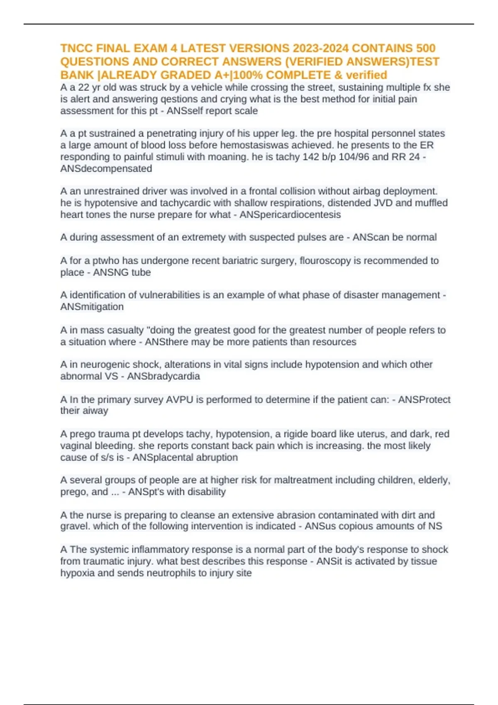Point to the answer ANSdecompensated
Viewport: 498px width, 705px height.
(106, 169)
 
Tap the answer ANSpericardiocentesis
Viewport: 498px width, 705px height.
(290, 215)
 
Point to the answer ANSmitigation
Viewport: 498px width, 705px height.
(92, 307)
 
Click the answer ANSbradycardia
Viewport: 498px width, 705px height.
(164, 376)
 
